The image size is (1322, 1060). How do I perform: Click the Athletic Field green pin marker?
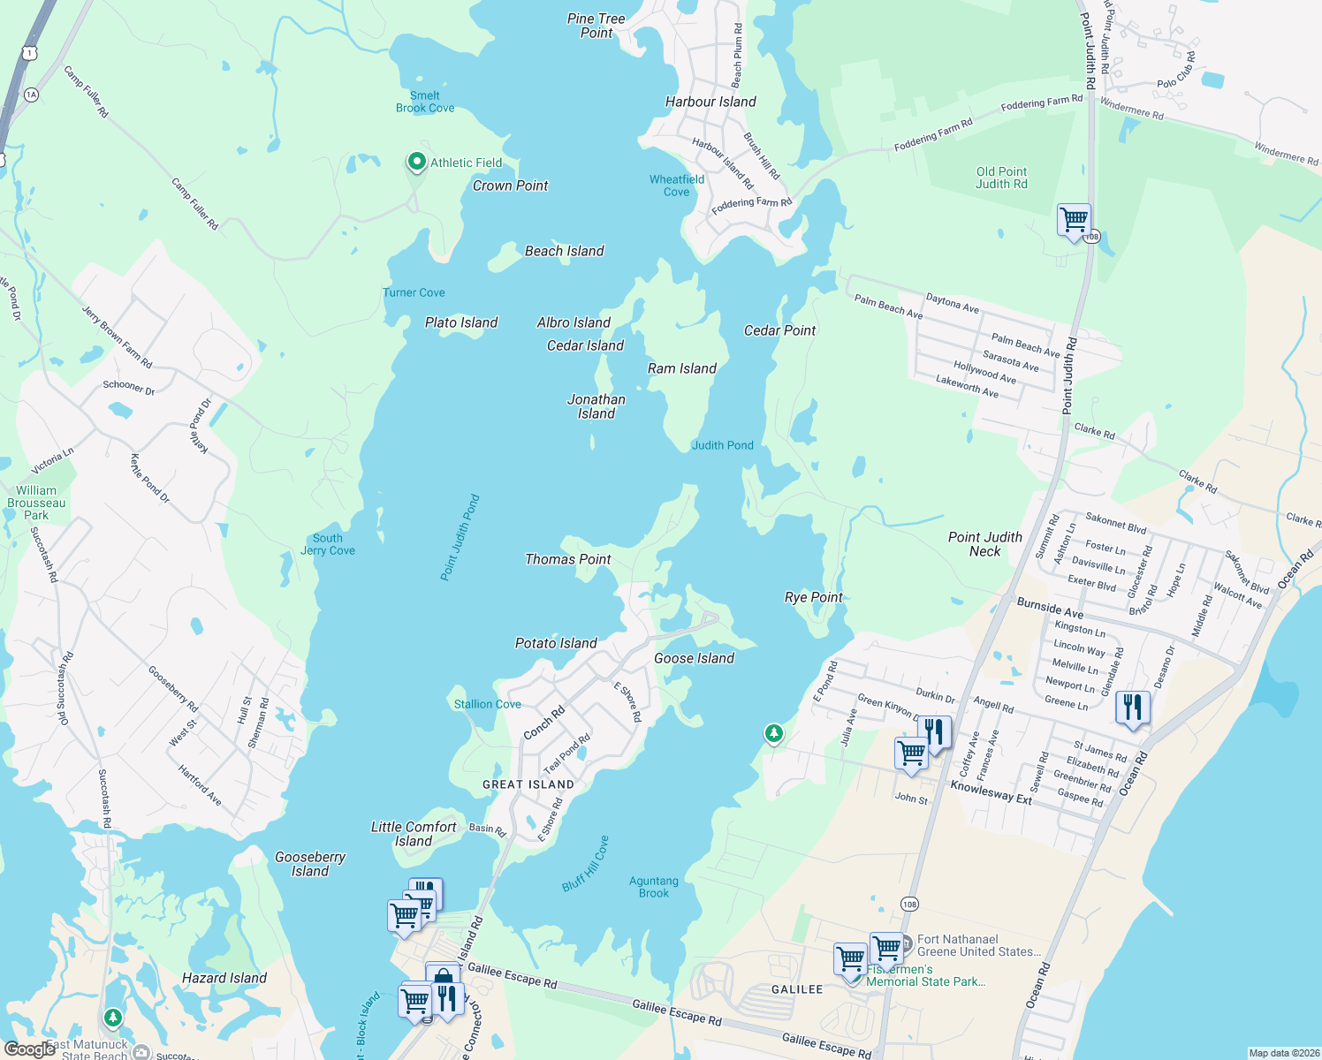point(416,163)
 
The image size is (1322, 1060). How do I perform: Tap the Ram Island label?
point(681,368)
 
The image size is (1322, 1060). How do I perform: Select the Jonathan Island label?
point(596,406)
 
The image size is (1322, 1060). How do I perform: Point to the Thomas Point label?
point(568,559)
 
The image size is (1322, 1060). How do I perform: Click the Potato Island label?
point(556,643)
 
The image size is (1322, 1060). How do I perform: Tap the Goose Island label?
point(694,658)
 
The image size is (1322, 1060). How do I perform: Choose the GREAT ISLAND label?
point(528,784)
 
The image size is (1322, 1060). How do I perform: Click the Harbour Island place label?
point(710,102)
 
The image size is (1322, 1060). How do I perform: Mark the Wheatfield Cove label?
point(677,185)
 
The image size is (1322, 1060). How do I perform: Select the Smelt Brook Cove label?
point(425,102)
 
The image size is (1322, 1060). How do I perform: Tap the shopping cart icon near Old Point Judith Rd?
point(1074,219)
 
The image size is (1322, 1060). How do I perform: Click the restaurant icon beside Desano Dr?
point(1132,707)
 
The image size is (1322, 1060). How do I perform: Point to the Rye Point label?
point(814,597)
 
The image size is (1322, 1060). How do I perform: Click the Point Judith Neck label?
point(984,544)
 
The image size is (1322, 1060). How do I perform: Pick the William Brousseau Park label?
point(36,503)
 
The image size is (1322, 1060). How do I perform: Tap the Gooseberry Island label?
point(310,864)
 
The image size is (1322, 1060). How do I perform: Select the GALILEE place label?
point(797,989)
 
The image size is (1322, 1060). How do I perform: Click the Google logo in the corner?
point(29,1049)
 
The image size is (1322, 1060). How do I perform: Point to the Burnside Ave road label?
point(1050,609)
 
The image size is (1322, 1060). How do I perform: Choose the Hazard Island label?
point(224,978)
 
